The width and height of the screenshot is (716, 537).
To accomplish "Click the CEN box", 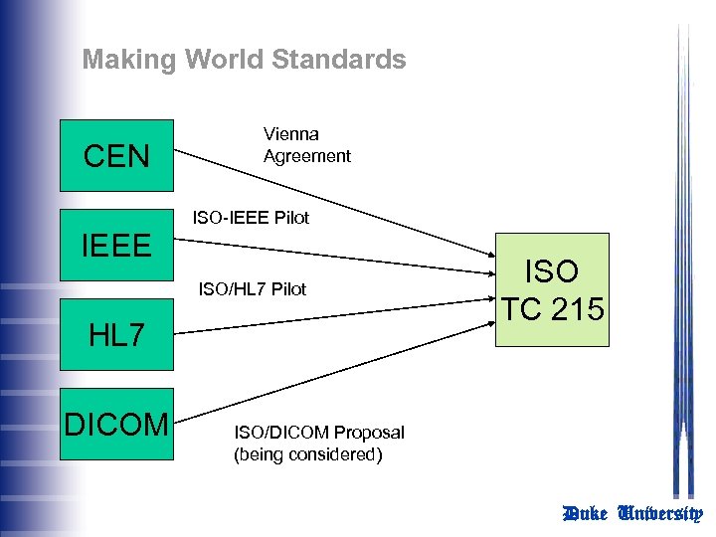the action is pyautogui.click(x=117, y=156).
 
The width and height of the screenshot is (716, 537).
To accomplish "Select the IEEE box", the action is pyautogui.click(x=117, y=245).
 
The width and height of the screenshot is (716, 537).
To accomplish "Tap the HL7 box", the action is pyautogui.click(x=117, y=334).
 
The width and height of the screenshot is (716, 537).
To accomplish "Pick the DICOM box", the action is pyautogui.click(x=117, y=424).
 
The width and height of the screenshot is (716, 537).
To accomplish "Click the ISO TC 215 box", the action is pyautogui.click(x=552, y=289).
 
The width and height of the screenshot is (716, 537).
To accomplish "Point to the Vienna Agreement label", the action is pyautogui.click(x=306, y=144).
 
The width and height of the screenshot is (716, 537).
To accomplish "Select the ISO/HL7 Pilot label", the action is pyautogui.click(x=253, y=289).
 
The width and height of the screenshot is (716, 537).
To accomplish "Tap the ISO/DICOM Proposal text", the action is pyautogui.click(x=318, y=433).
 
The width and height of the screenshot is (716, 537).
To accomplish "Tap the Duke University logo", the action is pyautogui.click(x=632, y=513).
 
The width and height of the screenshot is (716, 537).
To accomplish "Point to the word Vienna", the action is pyautogui.click(x=290, y=133).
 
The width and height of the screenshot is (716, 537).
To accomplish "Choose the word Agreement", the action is pyautogui.click(x=306, y=156).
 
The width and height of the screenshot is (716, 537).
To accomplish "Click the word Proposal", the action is pyautogui.click(x=369, y=433).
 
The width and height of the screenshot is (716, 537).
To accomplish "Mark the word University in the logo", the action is pyautogui.click(x=660, y=513).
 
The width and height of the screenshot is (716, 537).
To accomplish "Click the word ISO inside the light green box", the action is pyautogui.click(x=552, y=270).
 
